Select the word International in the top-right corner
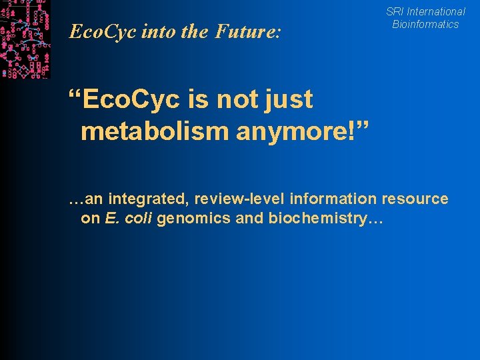[436, 11]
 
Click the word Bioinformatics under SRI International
[425, 24]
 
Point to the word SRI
[395, 11]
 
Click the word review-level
[232, 199]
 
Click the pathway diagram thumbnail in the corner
[25, 39]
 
